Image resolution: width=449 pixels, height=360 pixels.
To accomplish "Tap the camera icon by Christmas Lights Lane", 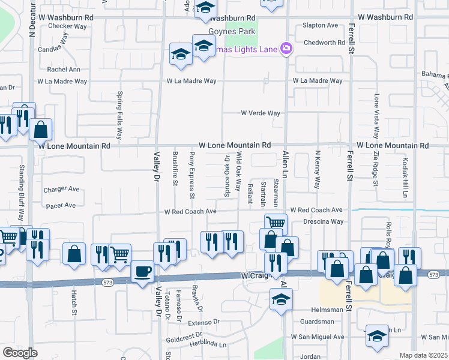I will point(286,48).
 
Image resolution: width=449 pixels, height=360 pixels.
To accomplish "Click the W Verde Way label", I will point(261,113).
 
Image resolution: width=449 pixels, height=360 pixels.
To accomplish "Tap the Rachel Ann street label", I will point(67,70).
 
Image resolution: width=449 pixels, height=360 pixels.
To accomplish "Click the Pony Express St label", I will point(192,175).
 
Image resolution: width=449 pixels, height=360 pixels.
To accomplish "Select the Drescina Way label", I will point(323,221).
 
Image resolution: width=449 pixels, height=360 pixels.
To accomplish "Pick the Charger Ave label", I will point(61,190).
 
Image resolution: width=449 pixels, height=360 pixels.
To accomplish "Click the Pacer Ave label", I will point(61,205).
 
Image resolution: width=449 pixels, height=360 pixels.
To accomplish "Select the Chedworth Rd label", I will point(324,43).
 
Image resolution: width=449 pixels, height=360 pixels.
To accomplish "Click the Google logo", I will point(20,353).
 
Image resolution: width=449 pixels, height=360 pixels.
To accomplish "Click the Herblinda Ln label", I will point(205,344).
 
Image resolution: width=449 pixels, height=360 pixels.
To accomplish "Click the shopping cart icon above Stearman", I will point(276,223).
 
